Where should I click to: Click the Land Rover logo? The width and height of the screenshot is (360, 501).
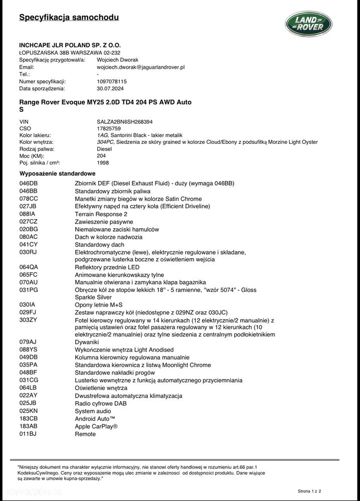308,24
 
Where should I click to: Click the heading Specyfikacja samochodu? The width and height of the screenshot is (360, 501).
69,18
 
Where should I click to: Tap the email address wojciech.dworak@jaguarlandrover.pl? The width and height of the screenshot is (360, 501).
141,67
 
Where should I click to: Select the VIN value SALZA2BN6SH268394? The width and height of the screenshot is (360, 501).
124,121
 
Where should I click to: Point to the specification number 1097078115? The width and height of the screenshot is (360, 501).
111,81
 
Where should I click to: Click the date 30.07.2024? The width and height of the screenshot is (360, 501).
110,88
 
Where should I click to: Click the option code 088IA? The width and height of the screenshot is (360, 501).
28,214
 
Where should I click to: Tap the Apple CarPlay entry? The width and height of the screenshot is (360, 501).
96,426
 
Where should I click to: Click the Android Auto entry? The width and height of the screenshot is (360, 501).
95,419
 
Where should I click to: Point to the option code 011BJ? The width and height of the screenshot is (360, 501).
28,434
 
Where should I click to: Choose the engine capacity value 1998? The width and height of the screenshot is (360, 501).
103,162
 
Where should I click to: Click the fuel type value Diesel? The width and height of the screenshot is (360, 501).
104,149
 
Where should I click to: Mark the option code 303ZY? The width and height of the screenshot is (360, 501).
29,319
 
